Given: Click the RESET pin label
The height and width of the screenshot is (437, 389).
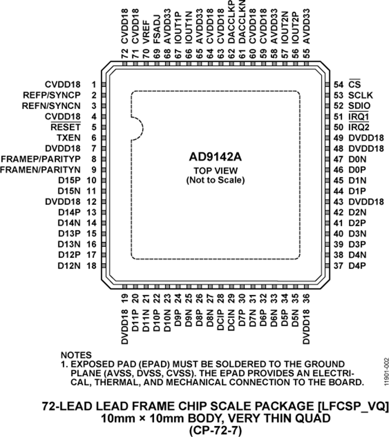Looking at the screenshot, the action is click(x=66, y=127).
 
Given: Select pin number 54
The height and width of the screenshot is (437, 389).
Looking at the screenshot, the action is click(x=338, y=85).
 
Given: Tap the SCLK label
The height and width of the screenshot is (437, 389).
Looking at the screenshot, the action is click(x=360, y=95).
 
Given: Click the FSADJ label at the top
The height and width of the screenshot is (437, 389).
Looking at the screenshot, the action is click(x=156, y=29).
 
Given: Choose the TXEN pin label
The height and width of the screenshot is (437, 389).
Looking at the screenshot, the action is click(x=69, y=138).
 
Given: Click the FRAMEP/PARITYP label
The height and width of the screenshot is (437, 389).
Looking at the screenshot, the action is click(x=41, y=159).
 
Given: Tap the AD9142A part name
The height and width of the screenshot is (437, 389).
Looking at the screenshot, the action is click(x=215, y=157).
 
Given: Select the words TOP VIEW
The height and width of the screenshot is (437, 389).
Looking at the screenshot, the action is click(x=216, y=170).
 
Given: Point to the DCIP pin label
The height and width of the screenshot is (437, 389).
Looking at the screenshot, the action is click(x=221, y=320).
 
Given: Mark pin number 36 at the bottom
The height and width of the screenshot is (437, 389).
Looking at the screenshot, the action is click(x=306, y=299).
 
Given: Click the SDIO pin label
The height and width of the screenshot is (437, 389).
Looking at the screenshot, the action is click(x=360, y=106).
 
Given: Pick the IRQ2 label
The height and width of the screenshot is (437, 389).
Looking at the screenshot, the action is click(x=359, y=127).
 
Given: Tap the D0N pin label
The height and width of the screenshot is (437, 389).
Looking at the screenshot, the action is click(x=357, y=159).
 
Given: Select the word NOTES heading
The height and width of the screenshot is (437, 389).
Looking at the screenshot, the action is click(x=76, y=355).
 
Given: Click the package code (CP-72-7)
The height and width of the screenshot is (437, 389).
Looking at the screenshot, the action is click(x=215, y=431).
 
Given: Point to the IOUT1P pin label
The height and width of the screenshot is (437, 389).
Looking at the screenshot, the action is click(x=178, y=28).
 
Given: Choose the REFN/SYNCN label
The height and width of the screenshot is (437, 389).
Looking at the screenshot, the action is click(x=51, y=106).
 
